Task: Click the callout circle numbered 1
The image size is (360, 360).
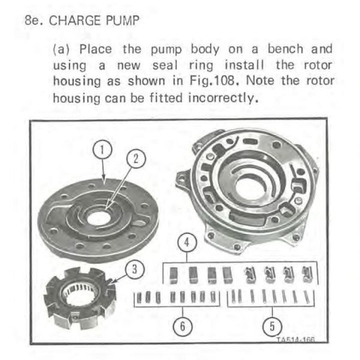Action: [103, 149]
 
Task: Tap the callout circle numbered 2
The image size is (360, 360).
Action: [136, 159]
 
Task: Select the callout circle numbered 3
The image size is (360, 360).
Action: [135, 269]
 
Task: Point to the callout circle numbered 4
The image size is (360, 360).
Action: [187, 242]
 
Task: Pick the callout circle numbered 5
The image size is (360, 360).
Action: [272, 326]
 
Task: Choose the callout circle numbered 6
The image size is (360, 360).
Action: [183, 326]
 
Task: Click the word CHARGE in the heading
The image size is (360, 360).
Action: [75, 20]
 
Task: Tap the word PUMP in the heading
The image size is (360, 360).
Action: [122, 20]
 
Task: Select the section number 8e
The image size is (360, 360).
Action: [34, 20]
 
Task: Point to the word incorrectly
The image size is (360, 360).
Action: [223, 98]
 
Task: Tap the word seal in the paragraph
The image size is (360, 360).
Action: [165, 65]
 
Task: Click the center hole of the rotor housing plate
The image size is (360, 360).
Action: [99, 219]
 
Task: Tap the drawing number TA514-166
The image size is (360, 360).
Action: [295, 340]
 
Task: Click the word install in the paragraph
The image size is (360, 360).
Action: [244, 65]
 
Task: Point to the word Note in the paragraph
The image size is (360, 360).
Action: [260, 81]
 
